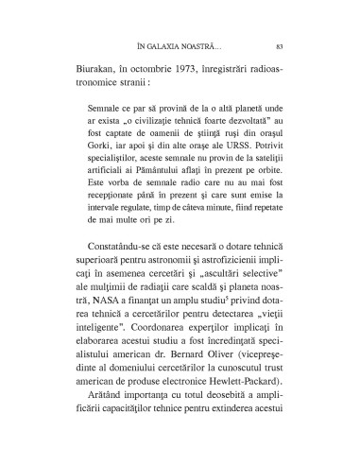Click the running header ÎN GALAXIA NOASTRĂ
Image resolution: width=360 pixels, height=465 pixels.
coord(180,44)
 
